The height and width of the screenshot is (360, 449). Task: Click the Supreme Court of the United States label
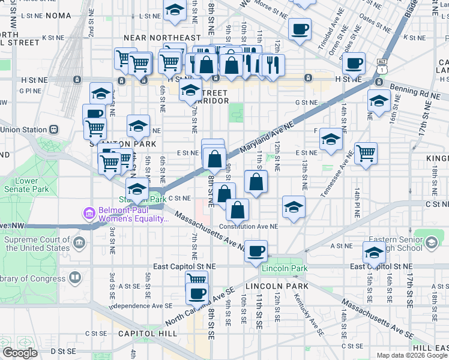pos(37,244)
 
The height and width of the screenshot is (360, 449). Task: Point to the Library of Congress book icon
pos(75,277)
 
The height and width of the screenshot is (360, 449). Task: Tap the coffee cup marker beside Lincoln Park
pos(256,250)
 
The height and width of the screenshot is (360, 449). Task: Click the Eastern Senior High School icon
pos(431,242)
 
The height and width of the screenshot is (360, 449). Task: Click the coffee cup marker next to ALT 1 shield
pos(354,62)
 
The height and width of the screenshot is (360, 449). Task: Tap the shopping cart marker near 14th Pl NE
pos(366,152)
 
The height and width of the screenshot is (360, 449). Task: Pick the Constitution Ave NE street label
pos(249,227)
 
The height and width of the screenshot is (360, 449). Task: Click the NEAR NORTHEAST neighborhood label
pos(161,38)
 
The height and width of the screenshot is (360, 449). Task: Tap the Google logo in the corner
pos(20,353)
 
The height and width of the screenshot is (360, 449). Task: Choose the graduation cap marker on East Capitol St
pos(373,252)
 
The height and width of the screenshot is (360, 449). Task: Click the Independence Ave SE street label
pos(140,306)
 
